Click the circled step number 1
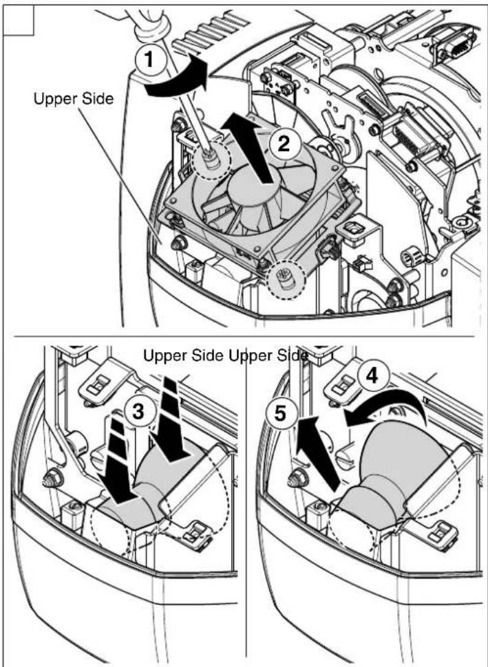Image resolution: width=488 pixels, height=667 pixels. point(148,60)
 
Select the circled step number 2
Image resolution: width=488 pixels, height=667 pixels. point(283,144)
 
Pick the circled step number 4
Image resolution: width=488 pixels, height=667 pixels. point(372,375)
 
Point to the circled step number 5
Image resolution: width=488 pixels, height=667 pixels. point(279,413)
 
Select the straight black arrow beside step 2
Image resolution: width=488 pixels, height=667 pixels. point(251,146)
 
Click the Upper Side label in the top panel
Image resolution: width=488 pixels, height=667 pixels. point(74,99)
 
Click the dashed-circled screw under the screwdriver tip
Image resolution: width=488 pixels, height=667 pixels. point(210,158)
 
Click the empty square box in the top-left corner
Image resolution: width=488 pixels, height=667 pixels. point(19,19)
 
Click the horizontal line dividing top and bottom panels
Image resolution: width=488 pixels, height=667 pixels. point(244,337)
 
